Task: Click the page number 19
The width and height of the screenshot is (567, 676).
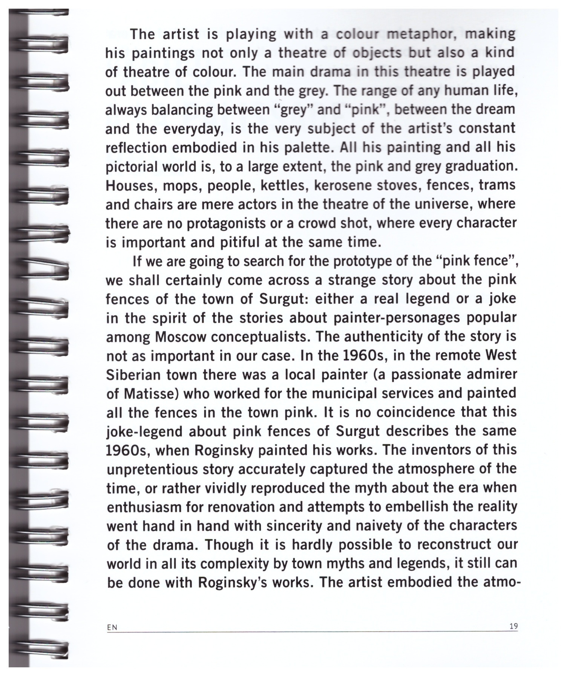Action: (x=513, y=626)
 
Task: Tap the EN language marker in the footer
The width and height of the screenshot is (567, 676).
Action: (x=112, y=627)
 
